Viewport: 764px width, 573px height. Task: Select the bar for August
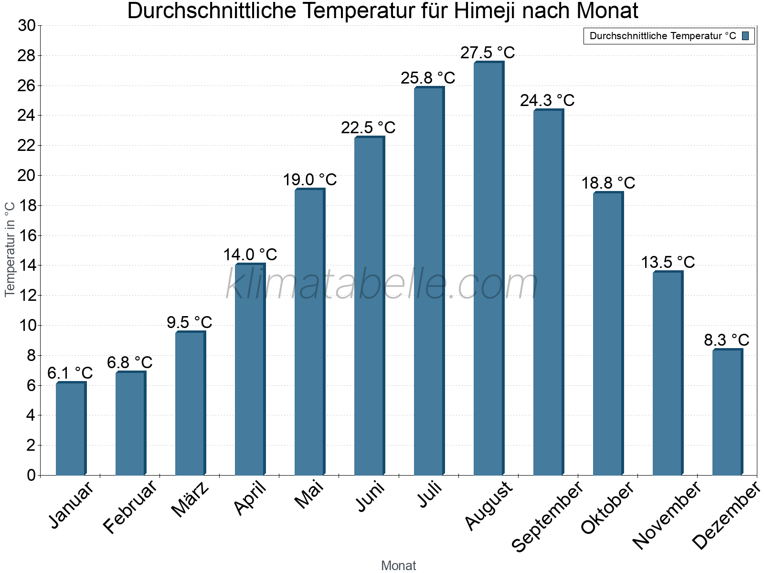(488, 268)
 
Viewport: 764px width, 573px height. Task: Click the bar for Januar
(71, 429)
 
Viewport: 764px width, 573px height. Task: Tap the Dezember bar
(727, 412)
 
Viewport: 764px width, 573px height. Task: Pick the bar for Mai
(309, 332)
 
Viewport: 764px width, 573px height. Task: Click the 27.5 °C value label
(488, 53)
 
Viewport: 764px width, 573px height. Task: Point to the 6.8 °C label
(129, 362)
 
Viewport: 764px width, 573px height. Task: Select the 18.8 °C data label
(608, 183)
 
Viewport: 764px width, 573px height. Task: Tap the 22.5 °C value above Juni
(368, 127)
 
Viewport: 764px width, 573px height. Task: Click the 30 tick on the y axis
(26, 26)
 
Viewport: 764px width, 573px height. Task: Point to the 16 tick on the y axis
(26, 236)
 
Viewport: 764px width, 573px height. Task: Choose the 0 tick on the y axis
(31, 475)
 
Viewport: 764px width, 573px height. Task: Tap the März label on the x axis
(190, 500)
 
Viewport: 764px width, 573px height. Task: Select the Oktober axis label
(607, 508)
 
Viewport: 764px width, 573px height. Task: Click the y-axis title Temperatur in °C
(10, 249)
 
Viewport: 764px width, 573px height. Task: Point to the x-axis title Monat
(398, 565)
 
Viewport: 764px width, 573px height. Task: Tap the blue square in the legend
(745, 36)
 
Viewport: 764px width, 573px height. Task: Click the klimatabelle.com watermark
(382, 284)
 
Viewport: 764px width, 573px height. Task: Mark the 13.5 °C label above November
(668, 262)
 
